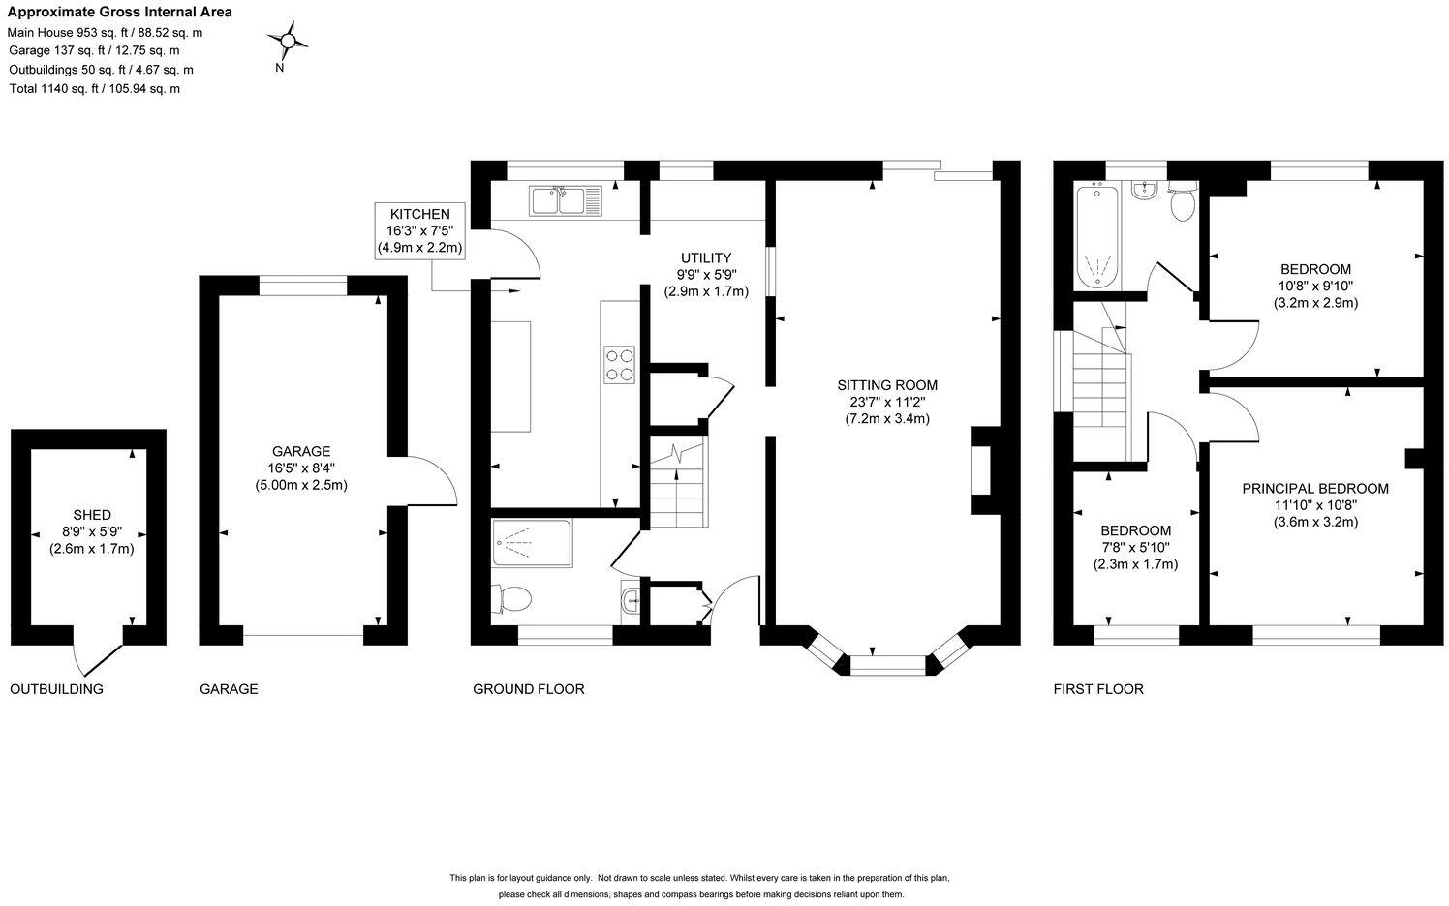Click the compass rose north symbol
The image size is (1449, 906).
[288, 42]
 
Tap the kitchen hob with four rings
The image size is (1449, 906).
[619, 365]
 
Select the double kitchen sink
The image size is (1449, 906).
[566, 200]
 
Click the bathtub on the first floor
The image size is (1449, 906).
[1097, 236]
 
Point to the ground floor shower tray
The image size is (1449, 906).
[532, 543]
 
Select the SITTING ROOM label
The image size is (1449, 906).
[887, 385]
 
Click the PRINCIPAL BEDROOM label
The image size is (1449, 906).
[1315, 489]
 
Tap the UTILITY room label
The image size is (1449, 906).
[706, 258]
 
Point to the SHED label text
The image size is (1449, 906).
[92, 515]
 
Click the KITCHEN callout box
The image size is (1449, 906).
[419, 231]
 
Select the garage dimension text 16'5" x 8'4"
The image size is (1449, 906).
[301, 468]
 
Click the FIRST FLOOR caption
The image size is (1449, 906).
[1098, 689]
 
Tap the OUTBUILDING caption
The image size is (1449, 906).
[56, 689]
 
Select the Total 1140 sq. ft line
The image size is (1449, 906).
[95, 89]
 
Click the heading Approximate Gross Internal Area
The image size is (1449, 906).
[120, 12]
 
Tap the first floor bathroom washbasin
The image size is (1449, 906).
[1146, 191]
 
